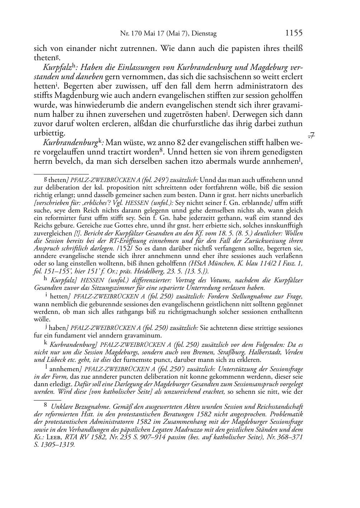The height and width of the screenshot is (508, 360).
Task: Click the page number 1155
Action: (294, 33)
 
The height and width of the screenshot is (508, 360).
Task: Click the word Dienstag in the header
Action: (205, 34)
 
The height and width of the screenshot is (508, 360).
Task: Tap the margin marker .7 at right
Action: (311, 135)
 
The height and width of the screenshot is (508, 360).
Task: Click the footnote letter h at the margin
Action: (45, 278)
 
